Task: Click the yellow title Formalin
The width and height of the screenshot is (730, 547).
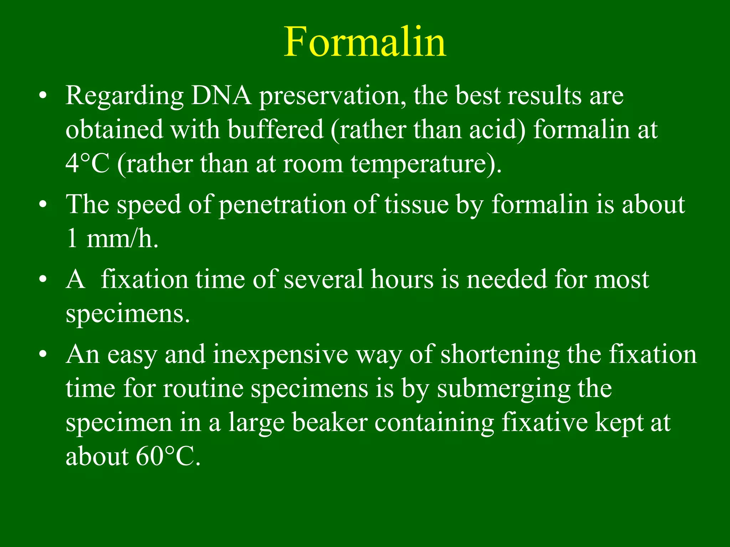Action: coord(365,42)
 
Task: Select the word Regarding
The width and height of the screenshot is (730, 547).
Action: coord(124,97)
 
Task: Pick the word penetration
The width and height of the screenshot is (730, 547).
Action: coord(282,206)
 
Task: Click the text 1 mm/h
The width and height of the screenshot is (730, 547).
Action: coord(112,239)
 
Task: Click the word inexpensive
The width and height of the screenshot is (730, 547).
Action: coord(280,355)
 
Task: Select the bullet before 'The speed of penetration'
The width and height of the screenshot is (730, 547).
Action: coord(43,205)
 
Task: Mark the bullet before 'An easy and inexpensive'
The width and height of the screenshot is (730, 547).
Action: coord(43,355)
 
